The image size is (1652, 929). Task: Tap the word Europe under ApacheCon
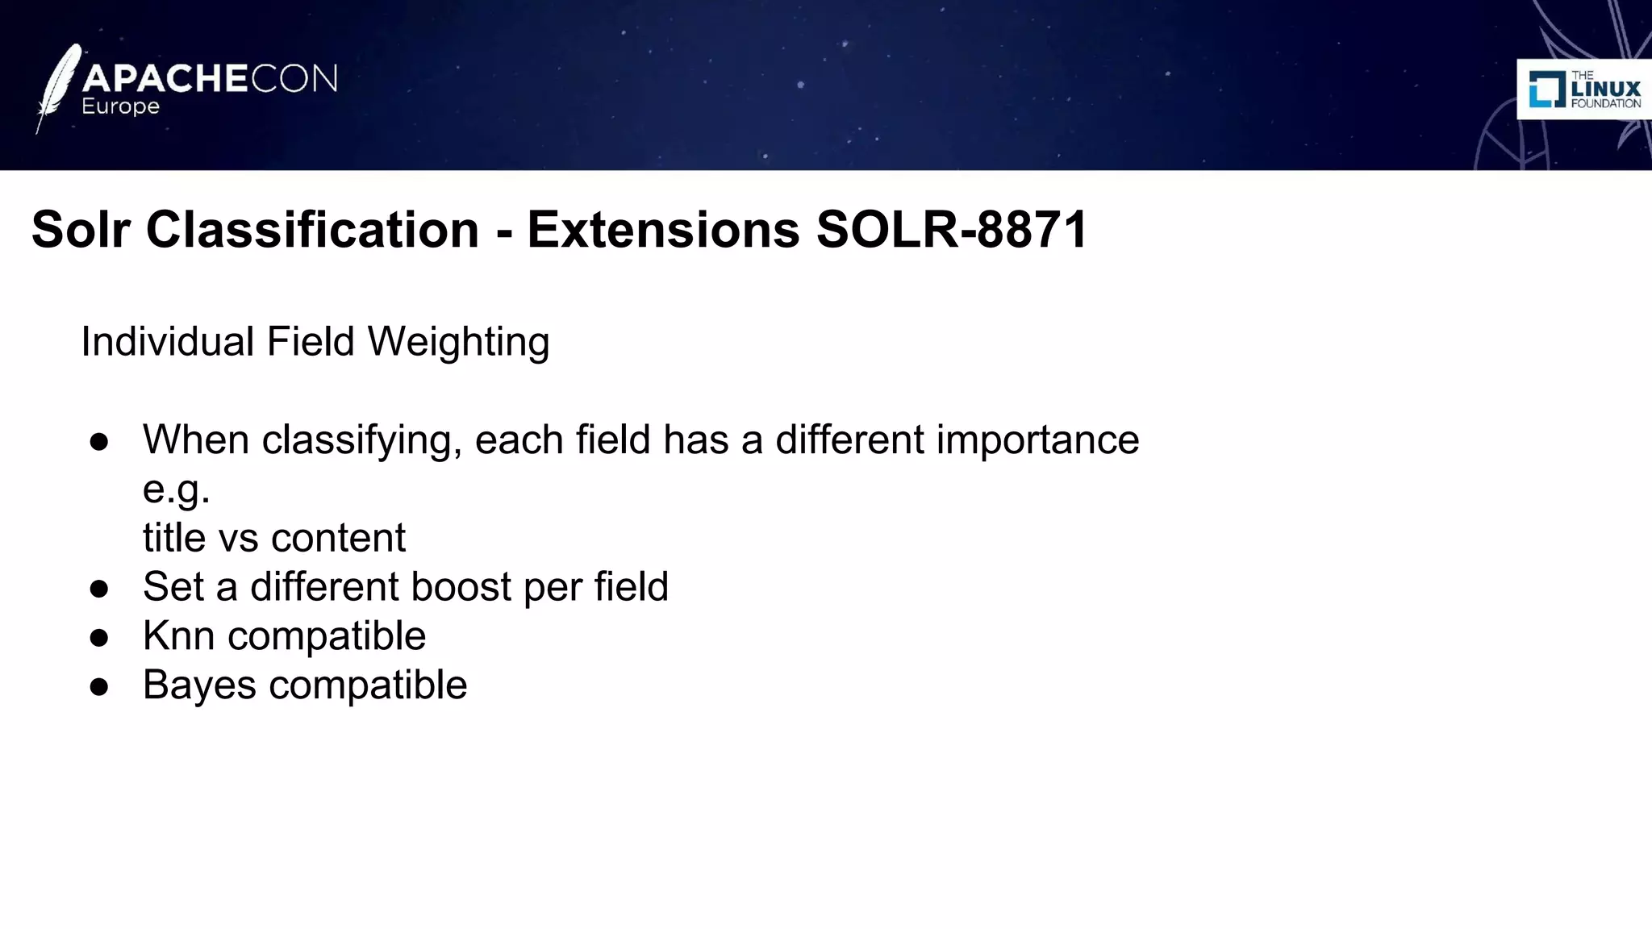pyautogui.click(x=121, y=107)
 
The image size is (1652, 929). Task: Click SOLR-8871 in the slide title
pyautogui.click(x=953, y=230)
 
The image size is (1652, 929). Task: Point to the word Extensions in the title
pyautogui.click(x=663, y=230)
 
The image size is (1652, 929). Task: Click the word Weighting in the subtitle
pyautogui.click(x=458, y=342)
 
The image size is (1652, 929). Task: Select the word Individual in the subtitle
pyautogui.click(x=168, y=342)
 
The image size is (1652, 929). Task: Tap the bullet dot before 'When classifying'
pyautogui.click(x=99, y=442)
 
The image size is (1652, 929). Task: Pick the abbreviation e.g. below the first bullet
pyautogui.click(x=176, y=489)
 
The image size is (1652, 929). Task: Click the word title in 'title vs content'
pyautogui.click(x=174, y=538)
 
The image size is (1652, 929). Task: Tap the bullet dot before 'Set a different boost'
pyautogui.click(x=99, y=589)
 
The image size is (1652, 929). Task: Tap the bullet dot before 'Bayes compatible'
pyautogui.click(x=99, y=687)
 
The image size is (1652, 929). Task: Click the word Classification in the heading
pyautogui.click(x=312, y=230)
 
